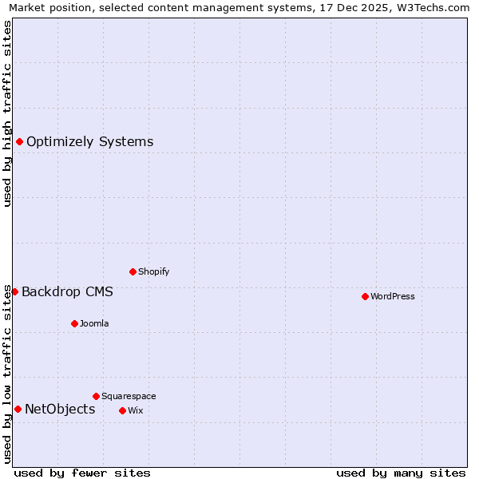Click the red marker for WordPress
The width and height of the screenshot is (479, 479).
[x=365, y=296]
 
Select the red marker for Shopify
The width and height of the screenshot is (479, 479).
[x=133, y=271]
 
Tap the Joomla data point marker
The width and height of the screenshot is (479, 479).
[x=74, y=323]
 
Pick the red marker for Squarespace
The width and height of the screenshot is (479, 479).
[x=96, y=396]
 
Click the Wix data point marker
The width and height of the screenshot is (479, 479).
[x=122, y=410]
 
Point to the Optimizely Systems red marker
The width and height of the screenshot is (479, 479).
[x=19, y=142]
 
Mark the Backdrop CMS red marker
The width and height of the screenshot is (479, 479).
[x=14, y=291]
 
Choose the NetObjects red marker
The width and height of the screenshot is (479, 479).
[x=18, y=410]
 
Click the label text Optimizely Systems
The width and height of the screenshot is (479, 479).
[x=89, y=142]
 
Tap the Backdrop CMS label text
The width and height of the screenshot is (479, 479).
[x=67, y=291]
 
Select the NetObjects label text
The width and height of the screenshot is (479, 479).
[x=60, y=410]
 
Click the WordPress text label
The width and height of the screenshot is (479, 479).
[x=393, y=296]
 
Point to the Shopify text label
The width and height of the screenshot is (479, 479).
[x=153, y=271]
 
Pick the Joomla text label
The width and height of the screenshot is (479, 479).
[x=94, y=323]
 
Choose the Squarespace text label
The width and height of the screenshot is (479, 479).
[x=129, y=396]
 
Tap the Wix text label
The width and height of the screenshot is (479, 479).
[x=135, y=410]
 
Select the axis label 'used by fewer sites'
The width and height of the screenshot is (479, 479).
[x=82, y=473]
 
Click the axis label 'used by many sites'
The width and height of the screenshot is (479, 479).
[x=401, y=473]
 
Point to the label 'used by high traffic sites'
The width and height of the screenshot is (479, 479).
[x=8, y=113]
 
